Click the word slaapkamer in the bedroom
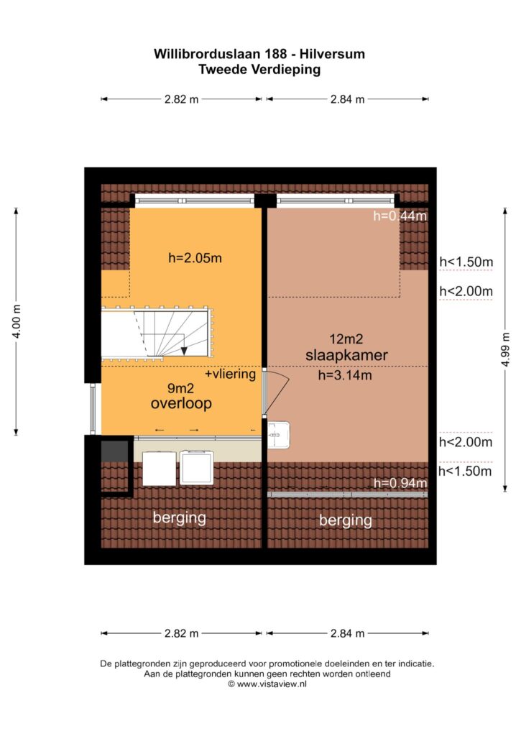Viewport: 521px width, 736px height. coord(346,355)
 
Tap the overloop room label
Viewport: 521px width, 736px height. coord(181,403)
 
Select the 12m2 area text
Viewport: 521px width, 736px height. coord(346,339)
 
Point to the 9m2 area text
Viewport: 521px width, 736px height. coord(180,388)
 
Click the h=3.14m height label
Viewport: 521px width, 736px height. coord(345,375)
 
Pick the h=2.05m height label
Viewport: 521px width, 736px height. coord(195,258)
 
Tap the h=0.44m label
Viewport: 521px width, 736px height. coord(400,216)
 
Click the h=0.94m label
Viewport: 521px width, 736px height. coord(400,483)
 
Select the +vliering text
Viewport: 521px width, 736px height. coord(230,374)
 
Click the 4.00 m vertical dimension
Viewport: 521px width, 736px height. coord(17,321)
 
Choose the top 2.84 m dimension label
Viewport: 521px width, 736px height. coord(347,99)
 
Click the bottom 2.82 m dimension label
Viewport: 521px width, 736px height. coord(181,633)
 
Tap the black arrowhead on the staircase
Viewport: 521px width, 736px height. coord(184,351)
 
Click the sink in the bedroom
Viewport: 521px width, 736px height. coord(278,435)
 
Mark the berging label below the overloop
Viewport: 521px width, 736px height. coord(180,518)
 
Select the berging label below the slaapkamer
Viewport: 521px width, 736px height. coord(346,520)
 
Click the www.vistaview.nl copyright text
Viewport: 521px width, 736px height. coord(267,684)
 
